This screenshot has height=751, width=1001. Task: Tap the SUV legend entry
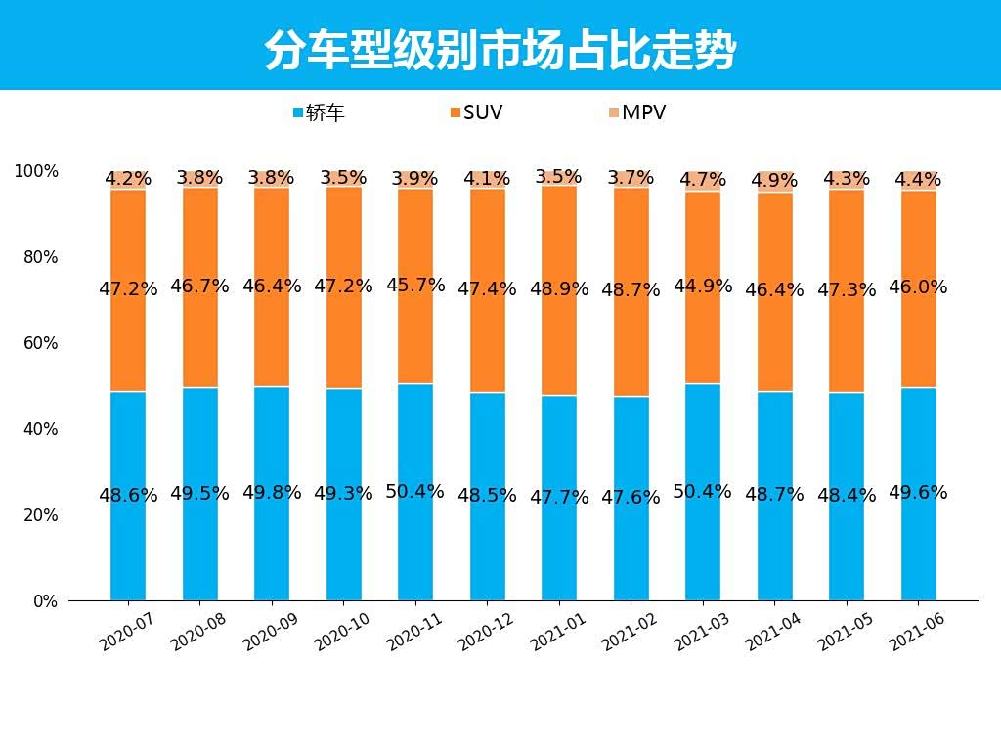(x=477, y=112)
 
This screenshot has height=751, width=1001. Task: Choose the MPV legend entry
(x=637, y=112)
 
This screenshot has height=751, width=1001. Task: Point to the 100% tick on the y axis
(x=36, y=171)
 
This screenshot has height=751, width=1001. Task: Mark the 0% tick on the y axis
(x=45, y=601)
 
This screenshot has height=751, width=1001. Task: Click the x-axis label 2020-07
(x=127, y=633)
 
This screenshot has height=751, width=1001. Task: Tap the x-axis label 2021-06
(x=917, y=633)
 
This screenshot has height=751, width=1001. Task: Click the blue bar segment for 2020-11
(x=415, y=548)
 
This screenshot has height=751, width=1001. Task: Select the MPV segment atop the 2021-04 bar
(x=774, y=182)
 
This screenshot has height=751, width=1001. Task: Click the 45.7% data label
(x=415, y=286)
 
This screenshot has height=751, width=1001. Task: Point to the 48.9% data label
(x=559, y=289)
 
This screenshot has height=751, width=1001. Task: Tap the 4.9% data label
(x=774, y=181)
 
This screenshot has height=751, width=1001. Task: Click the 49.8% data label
(x=272, y=493)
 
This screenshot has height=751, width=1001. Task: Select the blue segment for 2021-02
(x=631, y=548)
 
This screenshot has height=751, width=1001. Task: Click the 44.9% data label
(x=702, y=287)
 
